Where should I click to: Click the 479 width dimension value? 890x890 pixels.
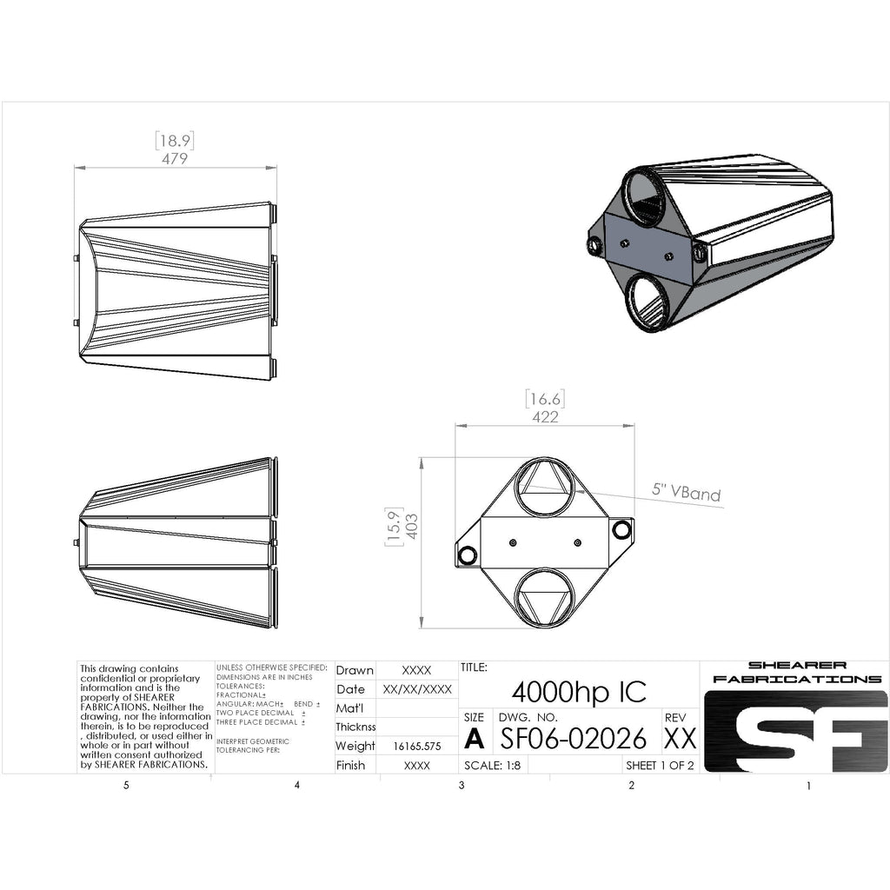[176, 159]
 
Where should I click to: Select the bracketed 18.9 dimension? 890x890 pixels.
[174, 140]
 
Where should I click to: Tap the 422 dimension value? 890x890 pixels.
[545, 417]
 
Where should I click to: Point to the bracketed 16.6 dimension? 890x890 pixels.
[545, 399]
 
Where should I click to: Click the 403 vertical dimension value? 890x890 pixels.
[412, 525]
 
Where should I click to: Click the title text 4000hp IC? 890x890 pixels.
[579, 692]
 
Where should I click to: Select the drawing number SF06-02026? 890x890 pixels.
[574, 738]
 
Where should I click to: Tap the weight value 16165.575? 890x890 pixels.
[417, 746]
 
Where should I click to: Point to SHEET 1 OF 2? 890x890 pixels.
[661, 766]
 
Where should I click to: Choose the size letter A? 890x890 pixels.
[474, 739]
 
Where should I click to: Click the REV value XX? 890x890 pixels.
[680, 739]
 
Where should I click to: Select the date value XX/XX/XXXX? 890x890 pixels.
[417, 689]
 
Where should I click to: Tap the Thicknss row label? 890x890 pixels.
[355, 727]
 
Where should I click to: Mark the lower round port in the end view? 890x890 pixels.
[545, 600]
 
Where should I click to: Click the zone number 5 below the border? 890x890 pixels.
[126, 786]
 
